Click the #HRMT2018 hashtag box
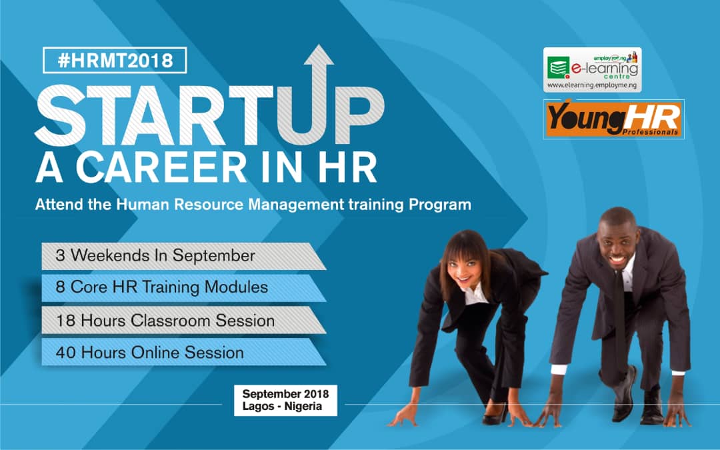pyautogui.click(x=115, y=61)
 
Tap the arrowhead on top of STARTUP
pyautogui.click(x=319, y=56)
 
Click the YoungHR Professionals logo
pyautogui.click(x=613, y=119)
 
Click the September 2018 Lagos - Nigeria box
pyautogui.click(x=285, y=400)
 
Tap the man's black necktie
pyautogui.click(x=620, y=313)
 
